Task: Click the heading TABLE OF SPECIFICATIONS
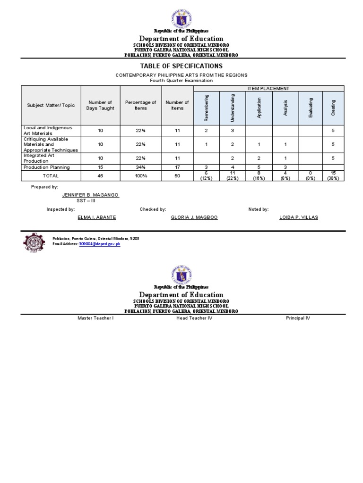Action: point(181,66)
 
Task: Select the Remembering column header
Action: point(206,108)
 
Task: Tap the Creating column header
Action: point(333,108)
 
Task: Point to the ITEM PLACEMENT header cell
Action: point(268,89)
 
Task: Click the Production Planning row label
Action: point(47,167)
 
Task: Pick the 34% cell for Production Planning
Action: point(140,167)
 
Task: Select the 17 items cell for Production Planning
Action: point(177,167)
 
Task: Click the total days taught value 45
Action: point(100,175)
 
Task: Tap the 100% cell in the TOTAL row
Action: point(140,175)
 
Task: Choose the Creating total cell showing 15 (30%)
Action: point(333,175)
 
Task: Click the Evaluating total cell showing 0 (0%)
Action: point(311,175)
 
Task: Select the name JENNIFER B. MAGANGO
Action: point(90,195)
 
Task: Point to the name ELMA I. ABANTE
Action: point(96,217)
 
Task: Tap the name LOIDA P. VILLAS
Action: point(299,217)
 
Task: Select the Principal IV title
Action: point(298,318)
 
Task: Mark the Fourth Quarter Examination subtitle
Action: point(181,80)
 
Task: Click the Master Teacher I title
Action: point(95,318)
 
